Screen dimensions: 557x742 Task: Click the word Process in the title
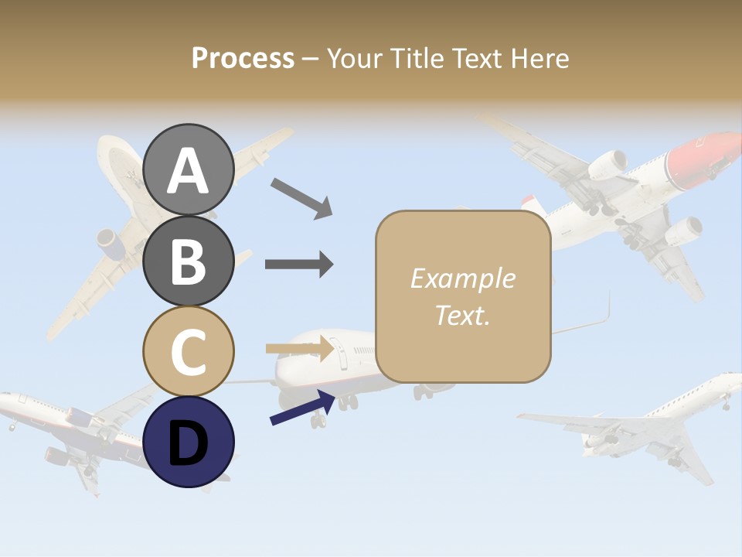pyautogui.click(x=243, y=59)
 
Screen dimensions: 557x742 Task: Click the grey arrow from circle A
pyautogui.click(x=301, y=198)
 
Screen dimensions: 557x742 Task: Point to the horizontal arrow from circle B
pyautogui.click(x=299, y=265)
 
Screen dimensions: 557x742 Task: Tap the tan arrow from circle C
pyautogui.click(x=300, y=349)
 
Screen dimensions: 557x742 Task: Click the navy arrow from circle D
pyautogui.click(x=302, y=408)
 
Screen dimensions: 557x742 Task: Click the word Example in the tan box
pyautogui.click(x=462, y=279)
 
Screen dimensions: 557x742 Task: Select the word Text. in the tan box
pyautogui.click(x=462, y=315)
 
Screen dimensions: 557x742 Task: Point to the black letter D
pyautogui.click(x=189, y=443)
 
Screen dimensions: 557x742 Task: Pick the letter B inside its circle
pyautogui.click(x=189, y=261)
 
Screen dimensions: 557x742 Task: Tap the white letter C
pyautogui.click(x=189, y=352)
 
